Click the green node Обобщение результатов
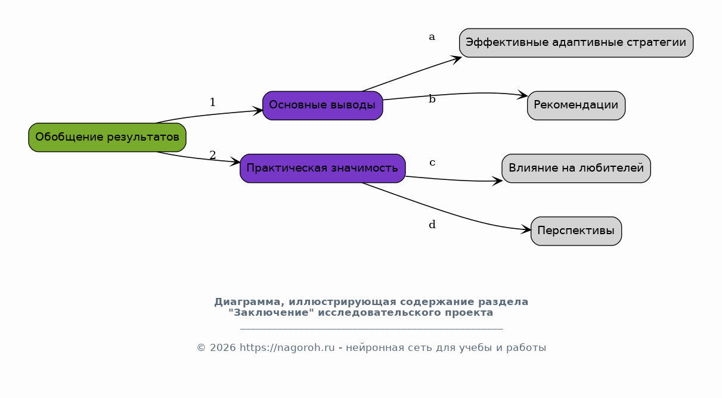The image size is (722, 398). click(107, 137)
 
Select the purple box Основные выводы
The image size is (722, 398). click(323, 105)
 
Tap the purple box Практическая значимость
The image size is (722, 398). click(323, 169)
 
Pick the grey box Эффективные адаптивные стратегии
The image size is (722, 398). click(577, 43)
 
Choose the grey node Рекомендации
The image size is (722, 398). click(577, 105)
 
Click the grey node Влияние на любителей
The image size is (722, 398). click(577, 169)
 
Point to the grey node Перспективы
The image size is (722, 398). click(577, 231)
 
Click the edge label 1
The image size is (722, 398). click(212, 102)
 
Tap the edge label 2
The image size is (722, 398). click(212, 155)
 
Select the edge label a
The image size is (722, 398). click(432, 37)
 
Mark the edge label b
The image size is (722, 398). click(432, 98)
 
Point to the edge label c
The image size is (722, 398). click(432, 163)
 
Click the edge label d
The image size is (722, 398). click(432, 225)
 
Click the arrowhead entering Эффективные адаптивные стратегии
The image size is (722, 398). click(455, 60)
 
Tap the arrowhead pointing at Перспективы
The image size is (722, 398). click(526, 229)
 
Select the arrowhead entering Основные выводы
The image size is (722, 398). click(258, 111)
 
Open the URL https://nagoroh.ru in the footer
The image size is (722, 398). click(287, 348)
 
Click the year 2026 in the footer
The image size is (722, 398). click(223, 348)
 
